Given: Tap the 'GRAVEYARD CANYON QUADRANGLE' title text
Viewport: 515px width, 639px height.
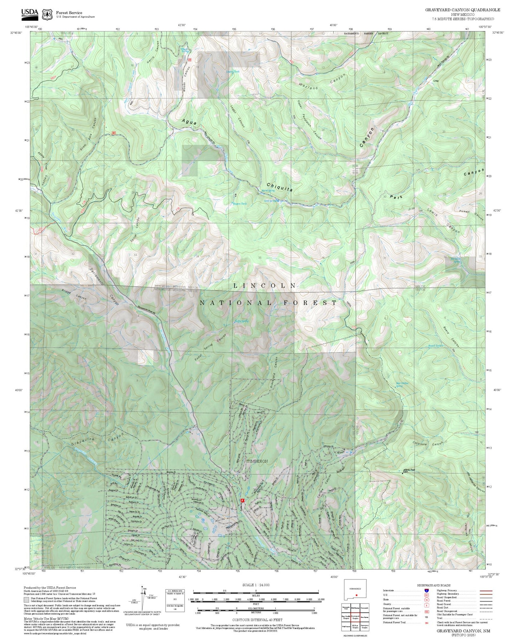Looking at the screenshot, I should click(x=462, y=10).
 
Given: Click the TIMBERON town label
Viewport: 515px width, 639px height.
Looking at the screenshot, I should click(x=257, y=461).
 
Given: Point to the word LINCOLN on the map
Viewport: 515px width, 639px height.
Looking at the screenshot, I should click(x=265, y=286).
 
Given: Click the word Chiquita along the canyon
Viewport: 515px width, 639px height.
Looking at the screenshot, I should click(x=280, y=187).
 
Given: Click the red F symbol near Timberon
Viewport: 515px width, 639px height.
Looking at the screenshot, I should click(x=242, y=500).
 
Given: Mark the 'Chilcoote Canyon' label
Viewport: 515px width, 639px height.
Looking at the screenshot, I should click(x=423, y=444).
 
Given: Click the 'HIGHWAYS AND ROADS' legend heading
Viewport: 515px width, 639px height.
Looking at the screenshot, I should click(x=434, y=585).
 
